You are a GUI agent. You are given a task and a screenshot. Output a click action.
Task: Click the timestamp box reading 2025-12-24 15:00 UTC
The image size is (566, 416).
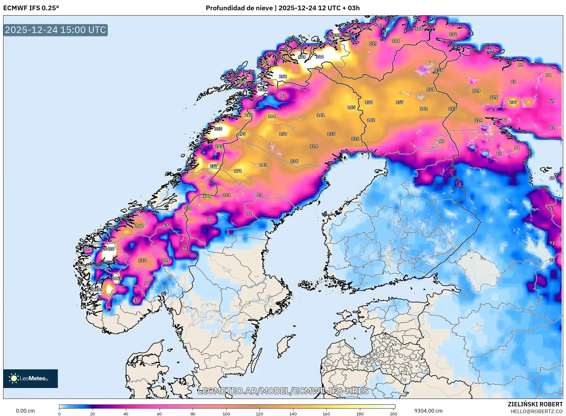55,30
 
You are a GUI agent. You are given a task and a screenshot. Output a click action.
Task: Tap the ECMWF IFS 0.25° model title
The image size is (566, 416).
31,8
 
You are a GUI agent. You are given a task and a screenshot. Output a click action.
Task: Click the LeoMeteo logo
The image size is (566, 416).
30,378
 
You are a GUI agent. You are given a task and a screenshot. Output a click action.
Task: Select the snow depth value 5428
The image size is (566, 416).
109,249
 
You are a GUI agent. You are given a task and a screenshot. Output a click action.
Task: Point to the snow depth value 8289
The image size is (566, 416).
98,289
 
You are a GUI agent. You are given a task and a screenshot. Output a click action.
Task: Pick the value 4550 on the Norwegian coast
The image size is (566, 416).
263,89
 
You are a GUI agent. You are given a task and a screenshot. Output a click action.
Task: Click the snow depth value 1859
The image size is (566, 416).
335,35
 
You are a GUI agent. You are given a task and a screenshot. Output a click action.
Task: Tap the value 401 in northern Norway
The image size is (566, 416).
301,57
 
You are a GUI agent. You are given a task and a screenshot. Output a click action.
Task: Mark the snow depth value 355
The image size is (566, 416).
218,129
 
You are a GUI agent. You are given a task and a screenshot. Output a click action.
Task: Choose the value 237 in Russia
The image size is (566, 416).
513,102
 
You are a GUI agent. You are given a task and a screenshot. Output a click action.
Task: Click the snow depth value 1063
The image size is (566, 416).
117,278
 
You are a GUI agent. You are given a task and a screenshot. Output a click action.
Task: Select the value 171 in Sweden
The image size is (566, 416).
238,171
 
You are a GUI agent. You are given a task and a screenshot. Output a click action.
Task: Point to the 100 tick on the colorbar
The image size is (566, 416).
226,414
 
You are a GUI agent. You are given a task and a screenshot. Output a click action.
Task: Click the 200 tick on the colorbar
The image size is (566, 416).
393,414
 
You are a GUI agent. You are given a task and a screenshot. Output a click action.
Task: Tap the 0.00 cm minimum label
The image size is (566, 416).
25,411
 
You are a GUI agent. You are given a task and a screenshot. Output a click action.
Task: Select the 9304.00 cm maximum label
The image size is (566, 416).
428,411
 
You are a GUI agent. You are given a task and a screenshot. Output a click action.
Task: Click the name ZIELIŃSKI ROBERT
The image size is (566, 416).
535,404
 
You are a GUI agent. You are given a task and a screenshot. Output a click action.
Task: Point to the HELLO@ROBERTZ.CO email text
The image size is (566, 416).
536,411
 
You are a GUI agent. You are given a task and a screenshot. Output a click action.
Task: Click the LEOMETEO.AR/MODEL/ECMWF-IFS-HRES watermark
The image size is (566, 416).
283,391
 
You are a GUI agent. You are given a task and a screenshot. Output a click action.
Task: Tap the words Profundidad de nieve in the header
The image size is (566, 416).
239,8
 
